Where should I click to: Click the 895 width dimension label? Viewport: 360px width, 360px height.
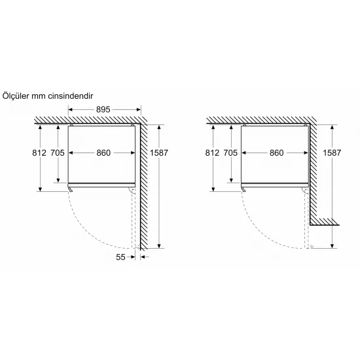(x=103, y=109)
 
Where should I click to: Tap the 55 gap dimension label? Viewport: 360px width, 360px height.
(x=120, y=257)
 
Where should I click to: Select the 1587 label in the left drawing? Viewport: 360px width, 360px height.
(x=159, y=153)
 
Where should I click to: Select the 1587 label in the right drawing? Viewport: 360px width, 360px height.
(x=332, y=153)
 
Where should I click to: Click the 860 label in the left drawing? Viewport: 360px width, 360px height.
(x=103, y=153)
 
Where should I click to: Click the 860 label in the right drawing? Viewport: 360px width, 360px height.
(x=277, y=153)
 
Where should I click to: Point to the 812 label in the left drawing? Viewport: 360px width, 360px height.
(x=39, y=153)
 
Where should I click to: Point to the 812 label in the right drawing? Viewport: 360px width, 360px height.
(x=212, y=153)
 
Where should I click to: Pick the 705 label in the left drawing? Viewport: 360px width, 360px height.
(x=58, y=153)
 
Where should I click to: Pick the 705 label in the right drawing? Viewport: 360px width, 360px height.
(x=231, y=153)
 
